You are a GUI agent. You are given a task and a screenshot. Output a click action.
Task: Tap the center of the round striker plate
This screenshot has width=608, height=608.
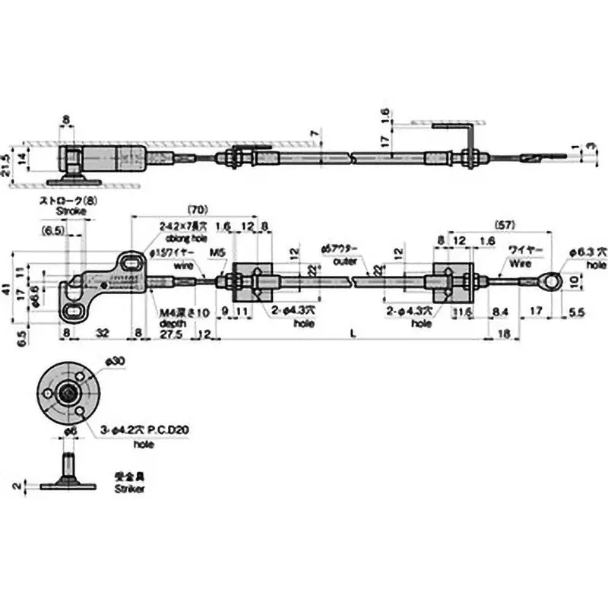click(x=70, y=393)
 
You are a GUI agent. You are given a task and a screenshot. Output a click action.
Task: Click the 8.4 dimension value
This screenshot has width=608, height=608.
click(x=499, y=311)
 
